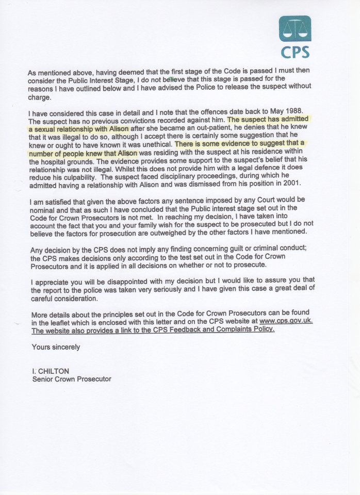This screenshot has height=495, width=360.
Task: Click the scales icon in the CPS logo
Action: pyautogui.click(x=295, y=29)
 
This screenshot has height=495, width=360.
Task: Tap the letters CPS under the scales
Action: pyautogui.click(x=295, y=52)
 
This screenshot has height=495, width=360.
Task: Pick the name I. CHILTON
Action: pyautogui.click(x=49, y=371)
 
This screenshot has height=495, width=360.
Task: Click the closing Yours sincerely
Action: pyautogui.click(x=56, y=347)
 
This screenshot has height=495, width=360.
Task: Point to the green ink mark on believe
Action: pyautogui.click(x=169, y=79)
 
